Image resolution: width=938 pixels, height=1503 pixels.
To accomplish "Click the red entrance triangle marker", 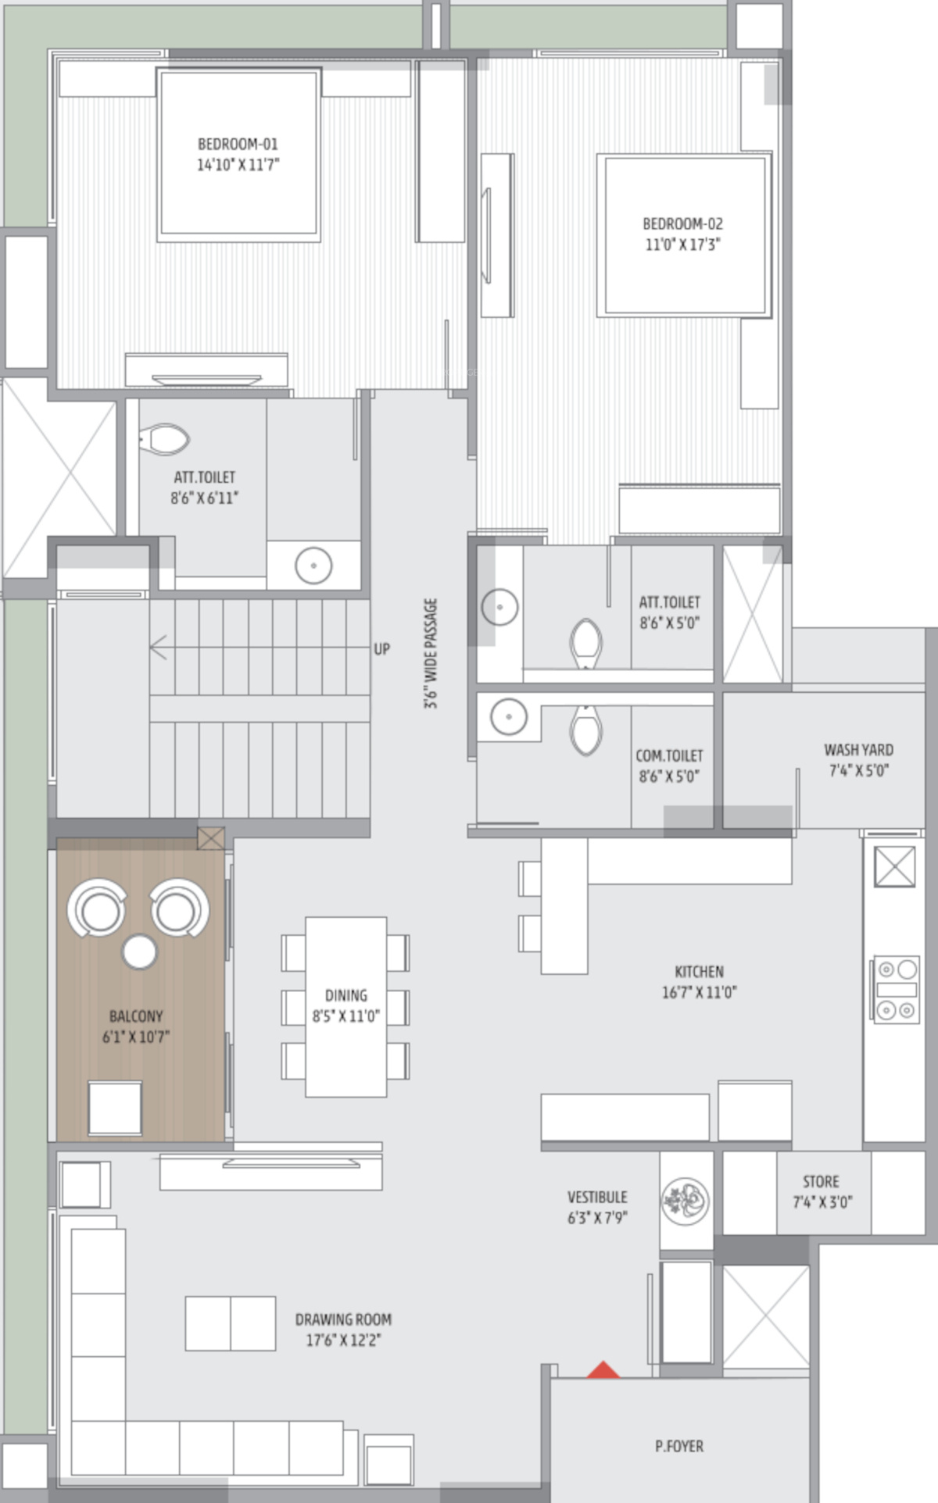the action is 603,1369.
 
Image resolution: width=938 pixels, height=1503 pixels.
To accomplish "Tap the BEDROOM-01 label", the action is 238,144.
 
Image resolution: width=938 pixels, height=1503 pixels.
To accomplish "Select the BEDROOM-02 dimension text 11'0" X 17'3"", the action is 682,245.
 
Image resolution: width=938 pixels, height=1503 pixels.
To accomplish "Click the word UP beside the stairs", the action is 381,648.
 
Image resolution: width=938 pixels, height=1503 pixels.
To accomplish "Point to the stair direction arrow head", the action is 158,647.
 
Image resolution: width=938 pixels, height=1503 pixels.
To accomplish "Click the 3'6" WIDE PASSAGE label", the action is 431,654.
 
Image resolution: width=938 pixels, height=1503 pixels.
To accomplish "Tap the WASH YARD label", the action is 858,750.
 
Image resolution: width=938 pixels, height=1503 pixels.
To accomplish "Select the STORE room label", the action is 821,1182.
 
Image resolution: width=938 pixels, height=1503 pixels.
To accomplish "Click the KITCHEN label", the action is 699,972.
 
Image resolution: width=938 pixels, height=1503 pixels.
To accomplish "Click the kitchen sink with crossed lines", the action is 895,866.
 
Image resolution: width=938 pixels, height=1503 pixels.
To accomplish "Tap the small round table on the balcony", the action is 140,951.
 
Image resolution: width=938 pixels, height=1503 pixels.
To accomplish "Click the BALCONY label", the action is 136,1016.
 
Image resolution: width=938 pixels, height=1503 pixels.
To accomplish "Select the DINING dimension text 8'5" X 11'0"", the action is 345,1016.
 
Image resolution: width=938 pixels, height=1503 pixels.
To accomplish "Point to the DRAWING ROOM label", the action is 343,1319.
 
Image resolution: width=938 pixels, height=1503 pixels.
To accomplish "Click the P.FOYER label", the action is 679,1446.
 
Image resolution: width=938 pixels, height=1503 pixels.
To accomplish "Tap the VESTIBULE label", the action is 597,1197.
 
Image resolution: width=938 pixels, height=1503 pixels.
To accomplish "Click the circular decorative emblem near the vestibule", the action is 686,1199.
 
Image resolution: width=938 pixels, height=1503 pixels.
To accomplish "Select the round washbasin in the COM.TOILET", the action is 509,716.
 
